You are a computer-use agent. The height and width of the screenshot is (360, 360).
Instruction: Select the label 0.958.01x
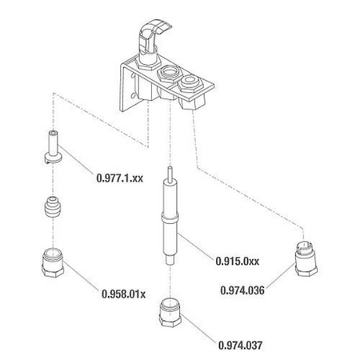click(x=124, y=294)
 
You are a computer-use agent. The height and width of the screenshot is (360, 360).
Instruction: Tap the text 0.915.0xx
click(x=238, y=259)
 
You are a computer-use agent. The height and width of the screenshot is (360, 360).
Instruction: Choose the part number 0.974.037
click(x=241, y=345)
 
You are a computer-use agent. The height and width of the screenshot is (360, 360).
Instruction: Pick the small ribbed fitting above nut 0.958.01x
click(x=54, y=210)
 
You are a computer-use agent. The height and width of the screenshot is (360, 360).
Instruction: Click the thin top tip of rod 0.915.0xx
click(x=169, y=173)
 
